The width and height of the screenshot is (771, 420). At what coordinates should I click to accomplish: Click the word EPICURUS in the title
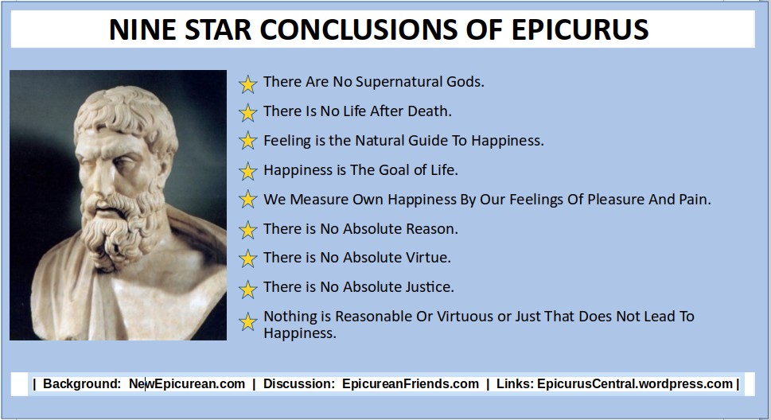[580, 29]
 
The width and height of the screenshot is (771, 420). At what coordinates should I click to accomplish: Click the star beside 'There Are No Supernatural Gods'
[247, 84]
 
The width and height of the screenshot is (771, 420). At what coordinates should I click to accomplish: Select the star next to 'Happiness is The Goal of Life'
[247, 171]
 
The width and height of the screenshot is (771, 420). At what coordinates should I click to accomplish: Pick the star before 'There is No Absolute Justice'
[247, 290]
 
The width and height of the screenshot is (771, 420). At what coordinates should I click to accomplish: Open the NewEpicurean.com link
[187, 383]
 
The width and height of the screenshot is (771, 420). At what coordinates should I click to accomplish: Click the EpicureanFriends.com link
[411, 383]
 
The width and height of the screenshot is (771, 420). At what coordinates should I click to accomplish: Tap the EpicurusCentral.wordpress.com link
[635, 383]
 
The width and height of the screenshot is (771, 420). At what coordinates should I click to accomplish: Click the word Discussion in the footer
[297, 383]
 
